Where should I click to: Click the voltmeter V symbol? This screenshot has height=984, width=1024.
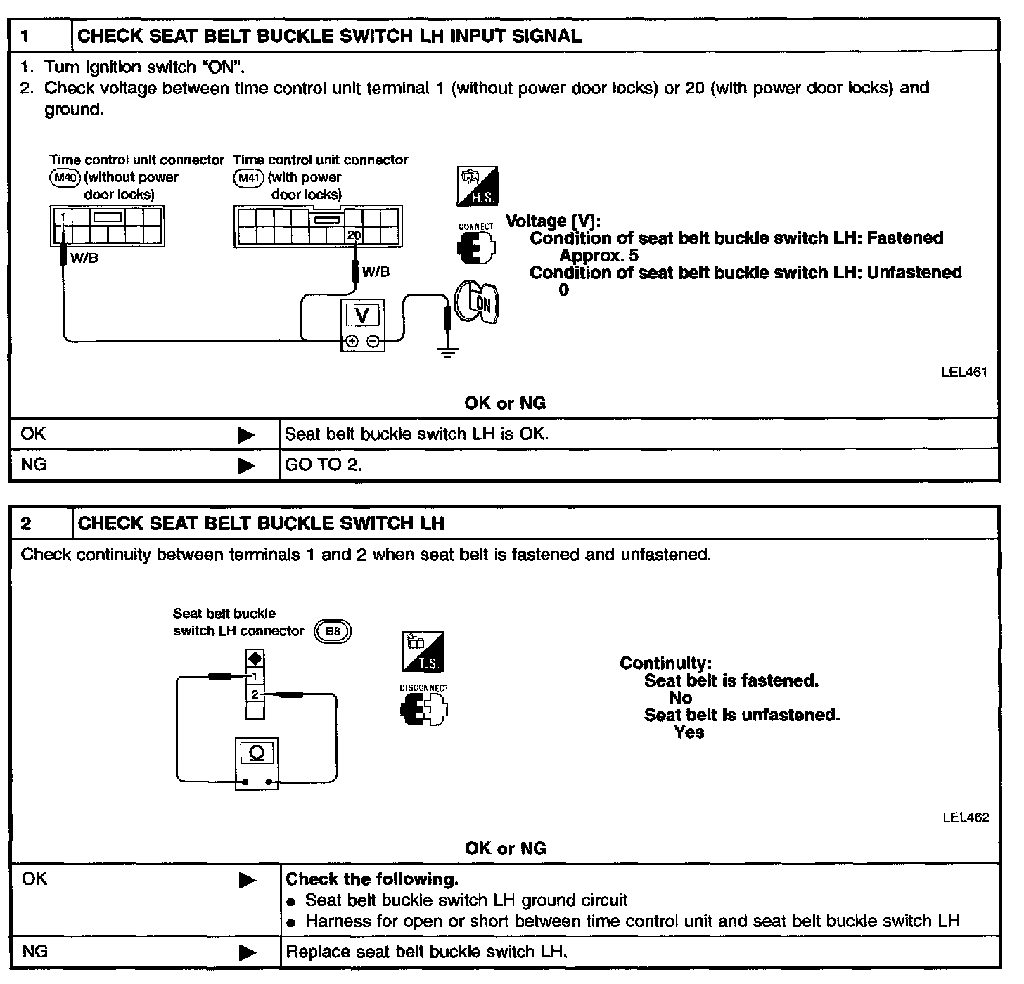click(x=362, y=316)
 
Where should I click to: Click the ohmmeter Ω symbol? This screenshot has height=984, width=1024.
click(x=257, y=753)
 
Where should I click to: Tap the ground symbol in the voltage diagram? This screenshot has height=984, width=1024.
click(x=447, y=351)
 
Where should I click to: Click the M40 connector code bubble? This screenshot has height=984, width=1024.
click(x=65, y=178)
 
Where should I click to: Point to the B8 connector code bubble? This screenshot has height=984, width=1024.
click(x=333, y=631)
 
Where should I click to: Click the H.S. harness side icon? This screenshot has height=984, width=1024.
click(x=478, y=186)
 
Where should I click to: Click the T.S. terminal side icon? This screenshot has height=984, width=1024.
click(x=423, y=652)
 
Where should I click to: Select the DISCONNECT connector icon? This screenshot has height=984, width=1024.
click(x=424, y=708)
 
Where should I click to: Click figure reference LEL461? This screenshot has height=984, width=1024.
click(x=964, y=373)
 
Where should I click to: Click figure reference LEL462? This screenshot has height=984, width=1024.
click(x=965, y=817)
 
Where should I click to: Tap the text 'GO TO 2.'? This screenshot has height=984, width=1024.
click(x=323, y=465)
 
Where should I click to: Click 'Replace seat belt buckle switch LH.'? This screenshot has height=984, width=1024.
click(x=426, y=952)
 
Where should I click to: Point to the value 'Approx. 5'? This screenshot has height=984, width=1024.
click(x=599, y=255)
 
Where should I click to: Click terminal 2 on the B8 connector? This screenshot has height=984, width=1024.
click(x=255, y=694)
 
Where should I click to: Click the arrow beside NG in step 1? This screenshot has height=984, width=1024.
click(x=246, y=465)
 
